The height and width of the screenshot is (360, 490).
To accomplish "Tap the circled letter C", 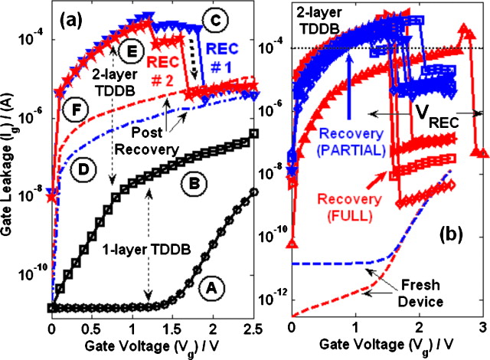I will tap(216, 16).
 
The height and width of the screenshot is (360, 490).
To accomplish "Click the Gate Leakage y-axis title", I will tap(10, 165).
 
